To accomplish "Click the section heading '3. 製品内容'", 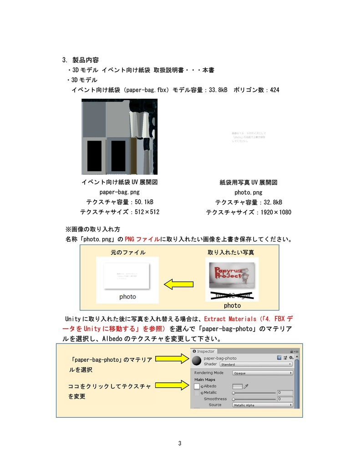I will click(x=81, y=60).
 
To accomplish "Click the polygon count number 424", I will click(x=274, y=90).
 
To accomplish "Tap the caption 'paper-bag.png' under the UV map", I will click(x=120, y=192).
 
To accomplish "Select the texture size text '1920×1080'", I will click(x=276, y=213).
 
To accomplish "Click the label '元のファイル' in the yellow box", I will click(x=128, y=252).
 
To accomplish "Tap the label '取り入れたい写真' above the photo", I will click(x=231, y=252).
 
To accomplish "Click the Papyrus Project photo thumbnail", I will click(x=232, y=275).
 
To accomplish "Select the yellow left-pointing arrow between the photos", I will click(x=179, y=285).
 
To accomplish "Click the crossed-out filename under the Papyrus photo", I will click(x=232, y=296).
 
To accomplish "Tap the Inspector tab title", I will click(x=206, y=351).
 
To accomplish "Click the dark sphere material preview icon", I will click(x=197, y=361).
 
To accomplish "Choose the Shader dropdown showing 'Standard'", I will click(x=256, y=365).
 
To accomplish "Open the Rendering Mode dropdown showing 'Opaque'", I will click(x=262, y=373).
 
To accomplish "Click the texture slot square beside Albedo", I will click(x=197, y=386).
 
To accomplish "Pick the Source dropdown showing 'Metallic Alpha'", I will click(x=262, y=405).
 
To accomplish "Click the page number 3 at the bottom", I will click(x=180, y=444).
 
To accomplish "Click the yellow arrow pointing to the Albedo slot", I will click(x=174, y=386).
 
